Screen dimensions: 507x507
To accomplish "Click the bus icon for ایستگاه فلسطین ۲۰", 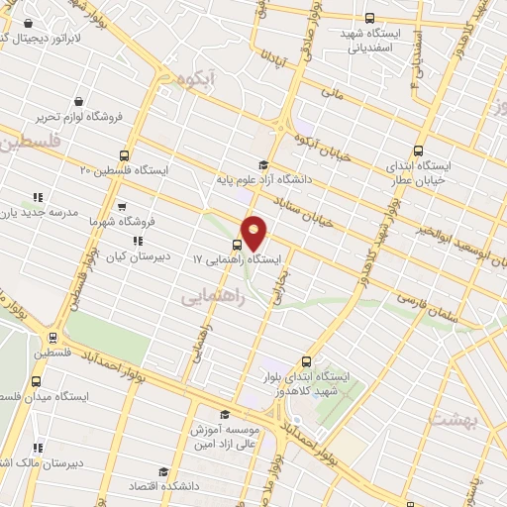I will pos(125,154).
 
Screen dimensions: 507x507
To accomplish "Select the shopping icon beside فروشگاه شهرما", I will pos(122,208).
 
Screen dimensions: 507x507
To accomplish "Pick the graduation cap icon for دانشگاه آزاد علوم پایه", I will pos(262,165).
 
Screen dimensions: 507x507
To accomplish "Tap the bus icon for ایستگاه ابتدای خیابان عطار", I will pos(418,152).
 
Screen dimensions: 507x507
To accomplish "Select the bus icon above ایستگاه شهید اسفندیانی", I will pos(369,18).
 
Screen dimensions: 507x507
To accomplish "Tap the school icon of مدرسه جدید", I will pos(38,197).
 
